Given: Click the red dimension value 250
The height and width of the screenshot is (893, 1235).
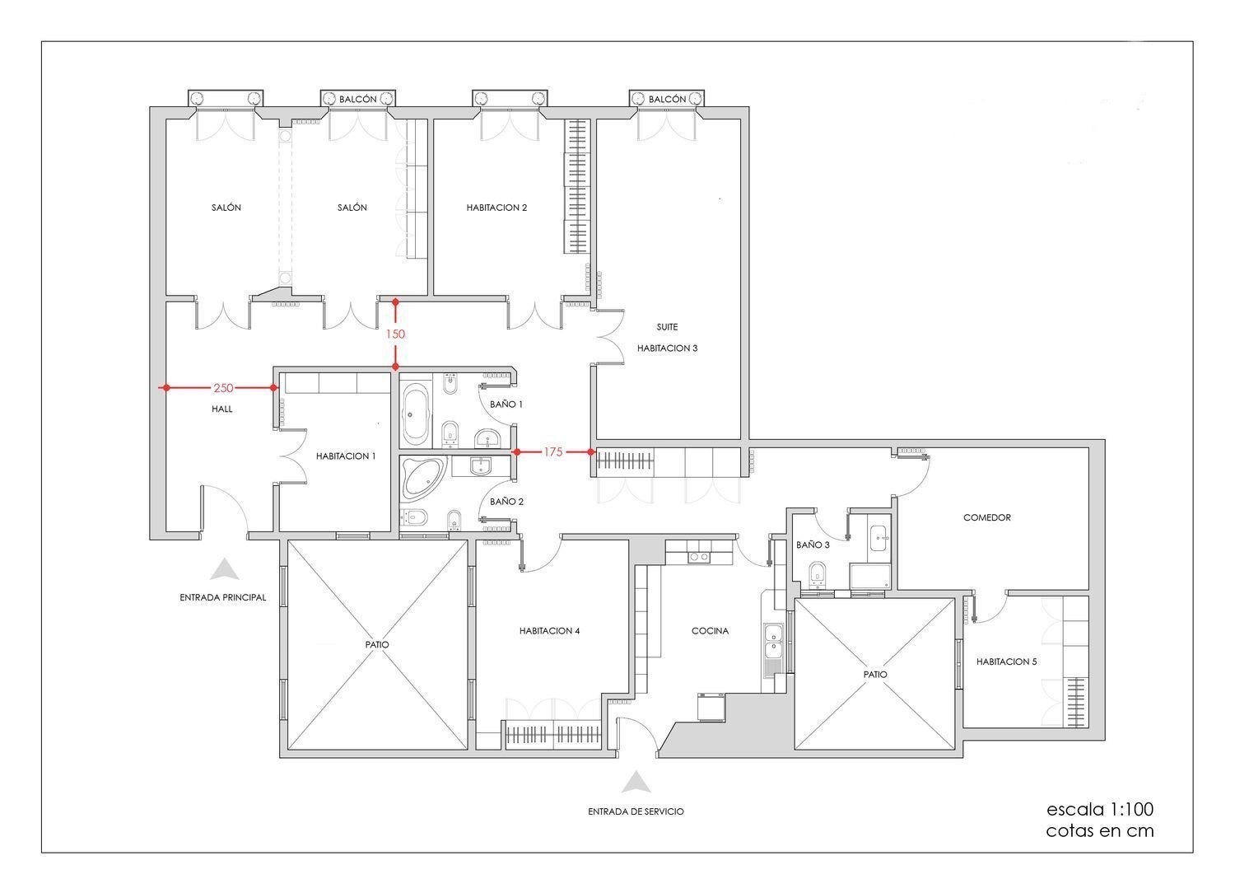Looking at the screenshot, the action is (x=223, y=388).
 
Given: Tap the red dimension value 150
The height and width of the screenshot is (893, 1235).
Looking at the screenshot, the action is (x=395, y=334).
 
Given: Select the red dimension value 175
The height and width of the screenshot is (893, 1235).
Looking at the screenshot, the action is (x=553, y=451).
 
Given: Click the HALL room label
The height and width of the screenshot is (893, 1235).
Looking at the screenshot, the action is (x=222, y=409).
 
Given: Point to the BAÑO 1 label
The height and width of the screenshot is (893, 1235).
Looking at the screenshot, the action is (x=506, y=404).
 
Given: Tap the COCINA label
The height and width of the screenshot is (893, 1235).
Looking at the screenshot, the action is (x=710, y=631).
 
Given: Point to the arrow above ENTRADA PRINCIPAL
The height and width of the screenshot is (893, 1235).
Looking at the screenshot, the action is (x=225, y=569).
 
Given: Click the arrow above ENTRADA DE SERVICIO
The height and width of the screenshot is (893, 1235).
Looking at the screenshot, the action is (x=636, y=782).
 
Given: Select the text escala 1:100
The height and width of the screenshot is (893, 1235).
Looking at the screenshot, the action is (x=1100, y=809).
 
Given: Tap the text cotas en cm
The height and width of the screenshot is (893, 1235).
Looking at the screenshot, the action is (x=1100, y=830).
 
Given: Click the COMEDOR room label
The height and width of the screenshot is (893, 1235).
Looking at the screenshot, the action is (x=987, y=517).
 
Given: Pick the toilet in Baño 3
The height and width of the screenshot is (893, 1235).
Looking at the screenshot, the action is (x=817, y=573).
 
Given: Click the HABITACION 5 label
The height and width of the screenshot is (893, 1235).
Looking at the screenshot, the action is (x=1007, y=662).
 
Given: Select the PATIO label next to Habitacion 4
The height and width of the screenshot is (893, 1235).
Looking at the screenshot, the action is (x=376, y=644).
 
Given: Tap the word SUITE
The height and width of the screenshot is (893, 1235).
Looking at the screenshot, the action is (x=667, y=327).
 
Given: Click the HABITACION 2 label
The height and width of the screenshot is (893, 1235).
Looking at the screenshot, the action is (x=496, y=208).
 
